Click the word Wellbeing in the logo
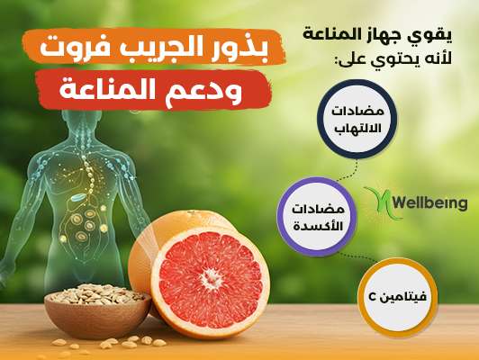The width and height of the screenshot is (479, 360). pos(430,203)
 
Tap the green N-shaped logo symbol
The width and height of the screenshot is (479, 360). pos(381,202)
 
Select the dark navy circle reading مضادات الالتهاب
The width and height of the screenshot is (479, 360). pos(357,119)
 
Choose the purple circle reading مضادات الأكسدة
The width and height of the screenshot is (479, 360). pos(317,217)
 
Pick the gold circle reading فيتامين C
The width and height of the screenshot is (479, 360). pos(397,297)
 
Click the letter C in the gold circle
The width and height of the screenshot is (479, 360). pos(373,297)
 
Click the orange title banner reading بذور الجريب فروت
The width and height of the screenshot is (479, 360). pos(154,47)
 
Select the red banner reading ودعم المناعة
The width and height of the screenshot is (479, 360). pos(153,89)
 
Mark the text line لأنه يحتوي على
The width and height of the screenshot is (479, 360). pos(393,58)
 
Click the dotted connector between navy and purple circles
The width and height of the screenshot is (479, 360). pos(348,172)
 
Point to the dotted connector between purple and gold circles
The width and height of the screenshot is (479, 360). pos(358,257)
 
